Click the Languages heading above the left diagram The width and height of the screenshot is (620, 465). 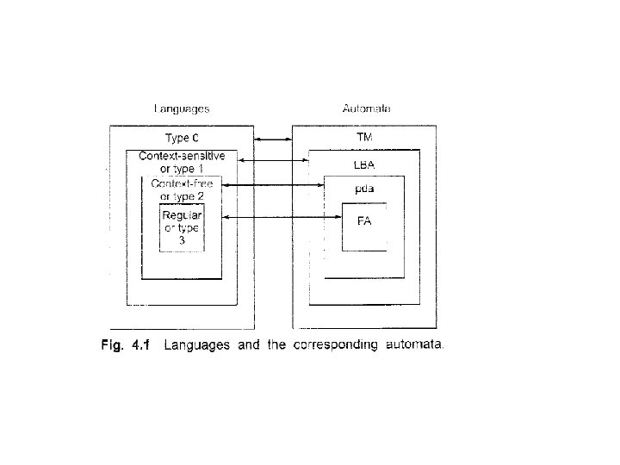[x=181, y=109]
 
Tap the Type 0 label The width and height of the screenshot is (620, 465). [x=182, y=138]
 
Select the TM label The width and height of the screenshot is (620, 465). [x=364, y=137]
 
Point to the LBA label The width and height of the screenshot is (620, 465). [x=364, y=164]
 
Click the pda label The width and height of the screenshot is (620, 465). [x=364, y=187]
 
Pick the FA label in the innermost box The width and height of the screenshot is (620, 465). [x=364, y=220]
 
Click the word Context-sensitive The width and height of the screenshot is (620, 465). [x=182, y=156]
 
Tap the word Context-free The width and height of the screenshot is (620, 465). [x=182, y=184]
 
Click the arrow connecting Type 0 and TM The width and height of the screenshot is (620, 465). [x=273, y=138]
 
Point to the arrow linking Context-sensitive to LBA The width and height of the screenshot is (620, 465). [x=273, y=160]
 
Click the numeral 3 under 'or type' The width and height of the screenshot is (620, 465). [x=182, y=240]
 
